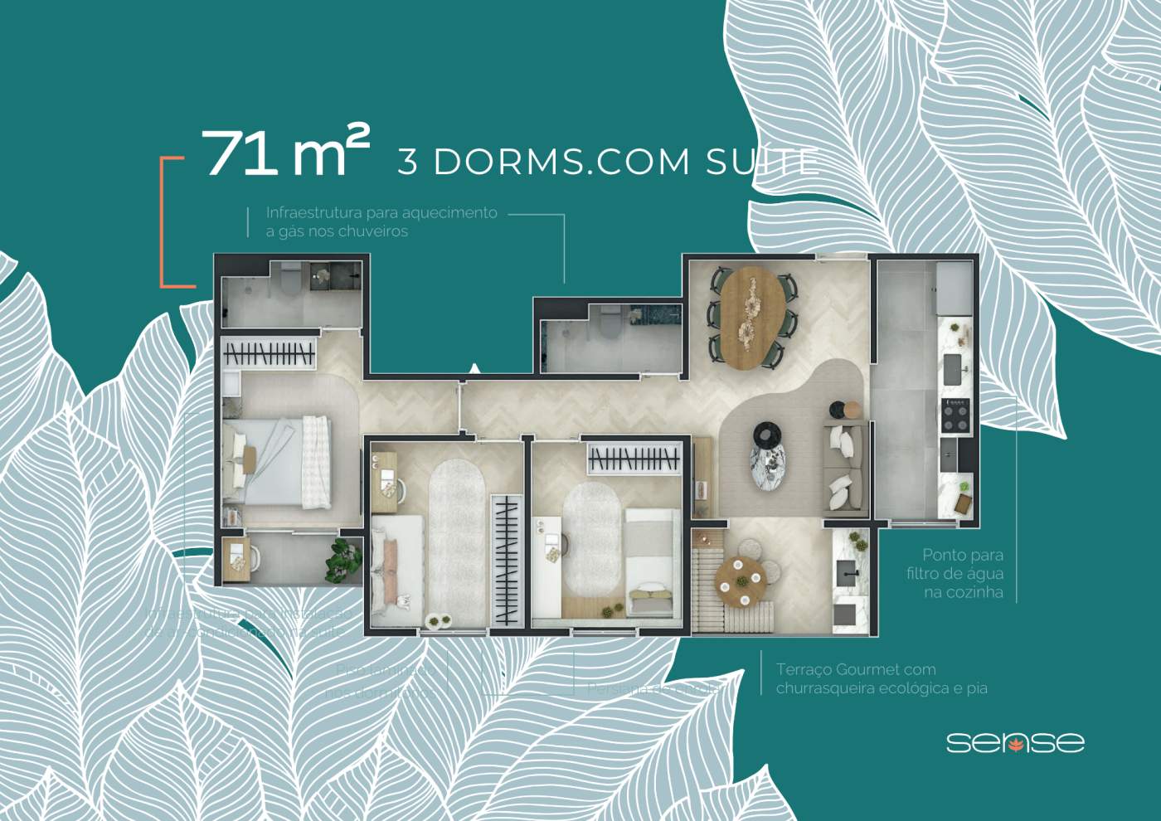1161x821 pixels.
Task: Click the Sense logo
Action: (x=1014, y=741)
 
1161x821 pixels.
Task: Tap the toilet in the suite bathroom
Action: (x=290, y=279)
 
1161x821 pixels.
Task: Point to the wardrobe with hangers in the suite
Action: (x=270, y=355)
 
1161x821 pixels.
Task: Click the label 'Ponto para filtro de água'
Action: (x=962, y=573)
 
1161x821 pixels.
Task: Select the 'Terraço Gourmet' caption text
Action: (x=881, y=678)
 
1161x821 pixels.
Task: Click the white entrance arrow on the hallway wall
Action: (x=474, y=368)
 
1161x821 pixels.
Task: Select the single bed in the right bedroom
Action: (x=651, y=561)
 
